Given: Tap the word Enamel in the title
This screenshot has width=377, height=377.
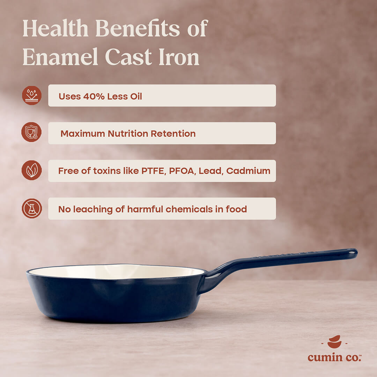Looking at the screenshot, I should tap(60, 57).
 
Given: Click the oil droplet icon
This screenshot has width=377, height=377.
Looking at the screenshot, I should tap(32, 96).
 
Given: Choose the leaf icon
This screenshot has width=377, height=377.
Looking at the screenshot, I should tap(32, 171).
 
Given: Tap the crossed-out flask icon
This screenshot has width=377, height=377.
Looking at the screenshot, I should tap(32, 208).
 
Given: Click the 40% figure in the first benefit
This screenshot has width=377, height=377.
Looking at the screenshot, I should tap(94, 96).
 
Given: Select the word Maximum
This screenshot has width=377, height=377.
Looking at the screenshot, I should tap(82, 134).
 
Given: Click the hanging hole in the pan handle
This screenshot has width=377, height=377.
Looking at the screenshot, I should tap(351, 251).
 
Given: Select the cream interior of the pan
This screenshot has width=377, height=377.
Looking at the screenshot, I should tap(115, 272).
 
